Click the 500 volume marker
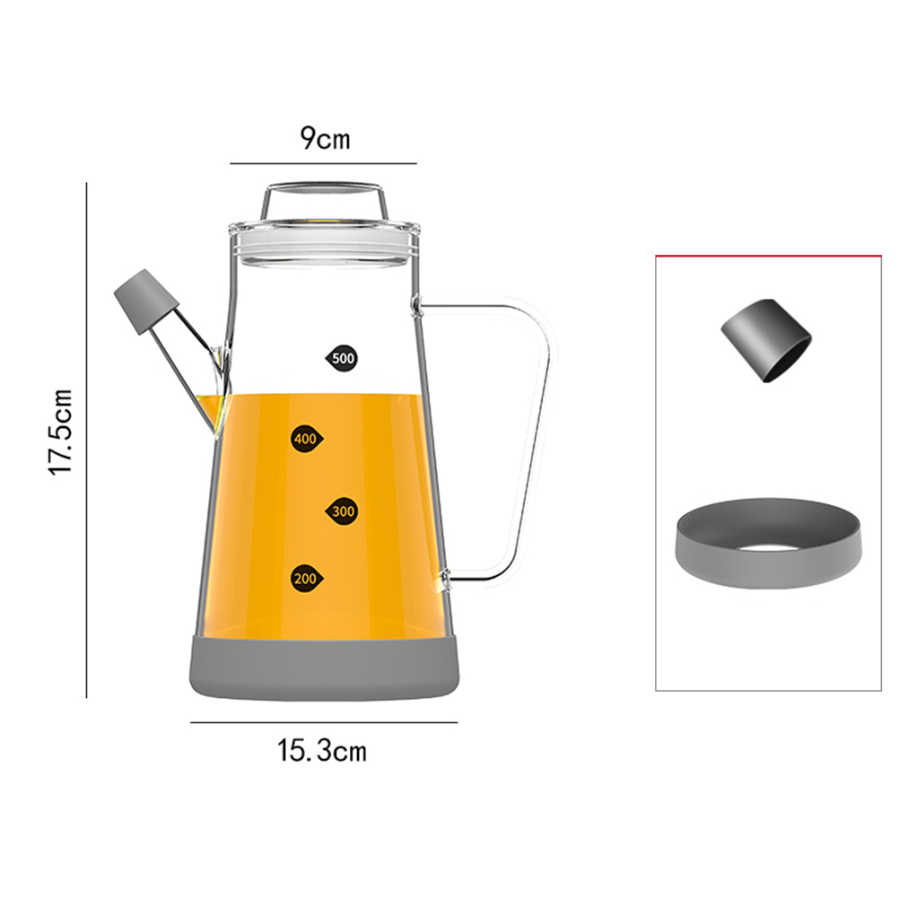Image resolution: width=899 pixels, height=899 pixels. pyautogui.click(x=343, y=359)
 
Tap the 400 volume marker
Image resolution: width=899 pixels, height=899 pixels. pyautogui.click(x=307, y=439)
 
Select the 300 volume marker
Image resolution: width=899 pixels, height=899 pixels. pyautogui.click(x=343, y=511)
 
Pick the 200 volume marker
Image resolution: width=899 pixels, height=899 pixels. pyautogui.click(x=307, y=579)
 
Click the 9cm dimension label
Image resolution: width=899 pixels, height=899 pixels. pyautogui.click(x=325, y=138)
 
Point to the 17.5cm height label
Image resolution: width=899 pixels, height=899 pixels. pyautogui.click(x=60, y=432)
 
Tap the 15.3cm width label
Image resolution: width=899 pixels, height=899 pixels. pyautogui.click(x=322, y=750)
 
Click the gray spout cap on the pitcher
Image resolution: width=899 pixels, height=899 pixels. pyautogui.click(x=147, y=301)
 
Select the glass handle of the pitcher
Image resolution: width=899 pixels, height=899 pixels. pyautogui.click(x=487, y=441)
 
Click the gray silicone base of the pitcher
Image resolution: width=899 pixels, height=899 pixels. pyautogui.click(x=325, y=669)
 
